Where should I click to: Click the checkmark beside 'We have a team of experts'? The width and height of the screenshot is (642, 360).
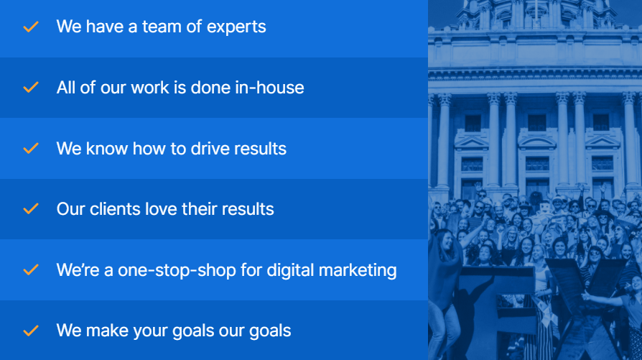coord(31,27)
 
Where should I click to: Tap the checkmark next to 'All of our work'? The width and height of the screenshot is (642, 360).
coord(31,87)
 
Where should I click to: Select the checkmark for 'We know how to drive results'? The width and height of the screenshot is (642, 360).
coord(31,148)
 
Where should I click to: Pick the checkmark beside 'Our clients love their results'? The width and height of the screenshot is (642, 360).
coord(31,209)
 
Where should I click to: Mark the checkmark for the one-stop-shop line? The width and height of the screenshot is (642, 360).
coord(31,270)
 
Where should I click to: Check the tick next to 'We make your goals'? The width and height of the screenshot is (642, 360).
coord(31,331)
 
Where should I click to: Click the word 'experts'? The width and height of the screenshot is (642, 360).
coord(236,27)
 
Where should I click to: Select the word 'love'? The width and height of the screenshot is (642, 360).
coord(157,209)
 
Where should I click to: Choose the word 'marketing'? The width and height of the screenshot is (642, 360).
coord(358,271)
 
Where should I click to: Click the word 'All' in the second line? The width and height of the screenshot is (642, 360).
coord(66,88)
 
